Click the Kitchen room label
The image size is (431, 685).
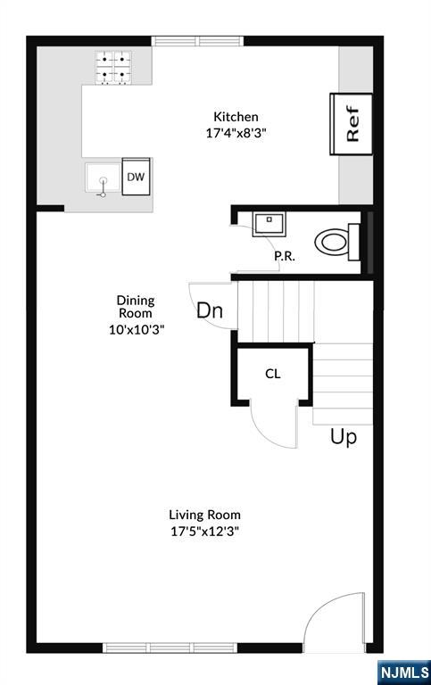[x=236, y=117]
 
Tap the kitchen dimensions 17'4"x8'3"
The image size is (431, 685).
[x=236, y=133]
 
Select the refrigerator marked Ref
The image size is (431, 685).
[x=352, y=124]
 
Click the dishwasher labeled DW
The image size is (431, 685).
[x=136, y=177]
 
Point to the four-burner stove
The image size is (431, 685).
[x=113, y=67]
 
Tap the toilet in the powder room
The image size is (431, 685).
[x=337, y=242]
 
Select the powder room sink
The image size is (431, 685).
[x=269, y=224]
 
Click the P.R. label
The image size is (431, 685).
[x=285, y=256]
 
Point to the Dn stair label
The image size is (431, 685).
[x=210, y=310]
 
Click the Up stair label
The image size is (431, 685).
[x=344, y=436]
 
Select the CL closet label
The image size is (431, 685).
[x=273, y=374]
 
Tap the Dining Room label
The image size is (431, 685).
[x=136, y=307]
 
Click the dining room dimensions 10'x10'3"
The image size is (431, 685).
[x=137, y=330]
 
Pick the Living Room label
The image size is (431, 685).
[x=204, y=515]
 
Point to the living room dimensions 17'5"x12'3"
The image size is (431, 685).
[x=204, y=532]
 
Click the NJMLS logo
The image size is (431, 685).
[x=404, y=672]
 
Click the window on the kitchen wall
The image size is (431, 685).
[x=197, y=41]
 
